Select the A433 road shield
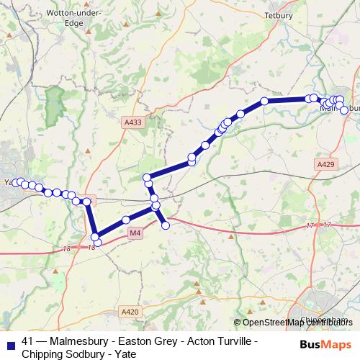coord(133,122)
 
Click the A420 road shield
coord(130,311)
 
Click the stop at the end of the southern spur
coord(166,225)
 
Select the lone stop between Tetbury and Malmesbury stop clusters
coord(265,101)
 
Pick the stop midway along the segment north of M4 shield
coord(127,220)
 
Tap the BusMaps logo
coord(324,346)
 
